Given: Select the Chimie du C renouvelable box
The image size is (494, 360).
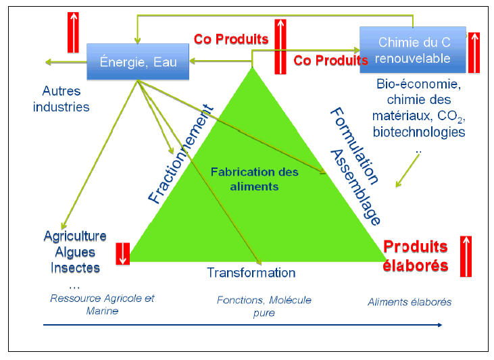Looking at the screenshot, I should coord(413,49).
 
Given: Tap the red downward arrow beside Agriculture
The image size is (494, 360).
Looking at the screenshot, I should coord(122,253).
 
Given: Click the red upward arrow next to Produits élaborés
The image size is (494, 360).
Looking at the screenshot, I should coord(466,257).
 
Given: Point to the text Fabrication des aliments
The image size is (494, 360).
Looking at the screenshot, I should coord(254,179).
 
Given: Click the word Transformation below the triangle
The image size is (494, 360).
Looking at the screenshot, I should coord(251,273).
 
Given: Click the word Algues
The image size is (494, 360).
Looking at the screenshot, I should coord(75,252).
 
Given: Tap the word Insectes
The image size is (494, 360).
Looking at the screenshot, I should coord(75,267).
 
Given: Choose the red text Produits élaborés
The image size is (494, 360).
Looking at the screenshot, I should coord(416,256).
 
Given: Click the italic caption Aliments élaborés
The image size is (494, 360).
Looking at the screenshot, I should coord(410,302).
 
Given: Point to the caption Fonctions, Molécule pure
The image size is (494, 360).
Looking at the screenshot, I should coord(264,306).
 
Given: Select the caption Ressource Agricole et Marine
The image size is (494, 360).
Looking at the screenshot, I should coord(102,304).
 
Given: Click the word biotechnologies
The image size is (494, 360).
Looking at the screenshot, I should coord(419,132).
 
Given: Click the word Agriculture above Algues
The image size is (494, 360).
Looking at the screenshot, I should coord(75,236).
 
